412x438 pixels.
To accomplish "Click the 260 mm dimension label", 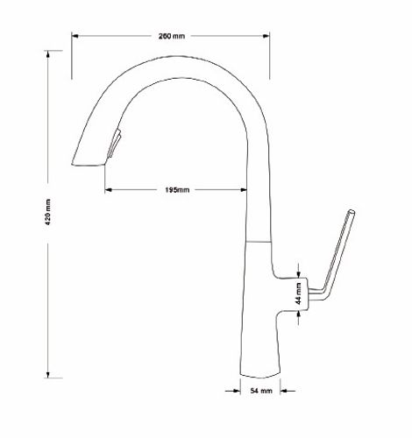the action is [172, 36].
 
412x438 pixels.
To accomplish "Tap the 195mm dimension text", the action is [177, 190].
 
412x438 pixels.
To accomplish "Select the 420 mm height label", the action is [48, 212].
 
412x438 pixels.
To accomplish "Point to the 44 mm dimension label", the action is [298, 293].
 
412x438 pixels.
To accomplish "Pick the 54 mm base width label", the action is [261, 391].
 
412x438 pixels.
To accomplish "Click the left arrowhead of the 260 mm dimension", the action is [75, 36].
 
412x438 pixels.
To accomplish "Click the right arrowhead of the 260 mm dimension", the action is [266, 36].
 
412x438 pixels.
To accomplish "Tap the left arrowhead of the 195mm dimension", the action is [109, 190].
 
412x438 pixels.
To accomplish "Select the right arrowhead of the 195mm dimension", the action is [244, 190].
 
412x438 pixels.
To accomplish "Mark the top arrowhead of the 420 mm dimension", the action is [48, 54].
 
